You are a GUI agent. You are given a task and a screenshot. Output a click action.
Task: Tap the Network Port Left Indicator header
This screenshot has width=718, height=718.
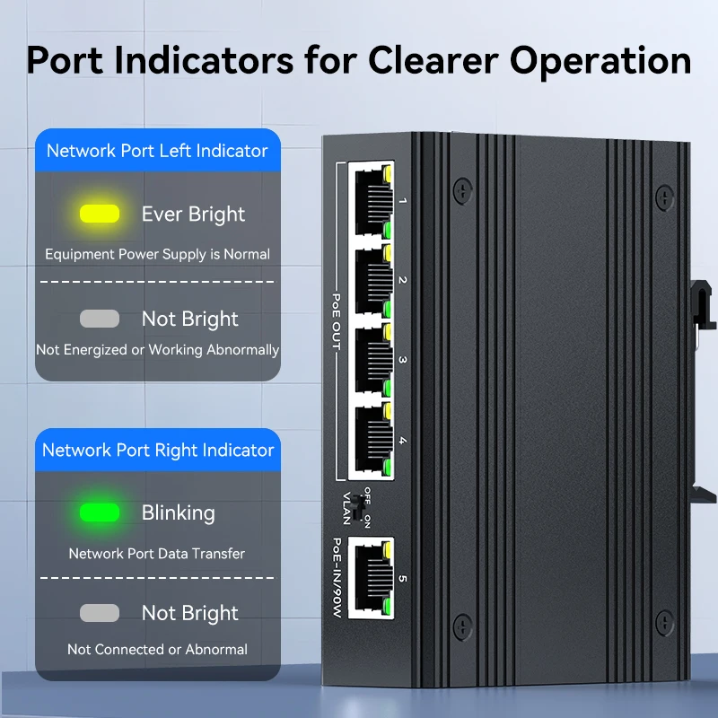(157, 151)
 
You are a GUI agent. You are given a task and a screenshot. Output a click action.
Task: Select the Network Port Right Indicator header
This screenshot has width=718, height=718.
(158, 450)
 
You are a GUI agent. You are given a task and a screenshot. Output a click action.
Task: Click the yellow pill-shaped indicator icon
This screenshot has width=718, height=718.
(100, 214)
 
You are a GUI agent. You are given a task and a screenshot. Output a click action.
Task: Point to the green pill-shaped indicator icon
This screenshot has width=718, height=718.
(100, 512)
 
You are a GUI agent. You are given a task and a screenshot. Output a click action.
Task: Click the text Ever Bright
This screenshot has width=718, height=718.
(193, 214)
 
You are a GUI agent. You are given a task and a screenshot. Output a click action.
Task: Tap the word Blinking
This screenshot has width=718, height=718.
(179, 512)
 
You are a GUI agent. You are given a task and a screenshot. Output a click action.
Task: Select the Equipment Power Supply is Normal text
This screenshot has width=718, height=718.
(157, 254)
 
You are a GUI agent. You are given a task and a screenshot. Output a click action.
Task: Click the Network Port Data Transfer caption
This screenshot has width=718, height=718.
(157, 553)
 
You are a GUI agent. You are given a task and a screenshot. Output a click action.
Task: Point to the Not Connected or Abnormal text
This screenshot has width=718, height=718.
(157, 649)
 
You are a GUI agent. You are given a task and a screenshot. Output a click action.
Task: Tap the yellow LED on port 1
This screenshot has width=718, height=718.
(388, 171)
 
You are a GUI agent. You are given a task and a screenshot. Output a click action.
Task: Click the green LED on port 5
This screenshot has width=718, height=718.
(388, 611)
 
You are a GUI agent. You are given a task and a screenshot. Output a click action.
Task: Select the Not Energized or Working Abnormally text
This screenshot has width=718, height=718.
(157, 350)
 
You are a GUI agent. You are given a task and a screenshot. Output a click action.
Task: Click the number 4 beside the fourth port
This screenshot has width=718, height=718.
(402, 441)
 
